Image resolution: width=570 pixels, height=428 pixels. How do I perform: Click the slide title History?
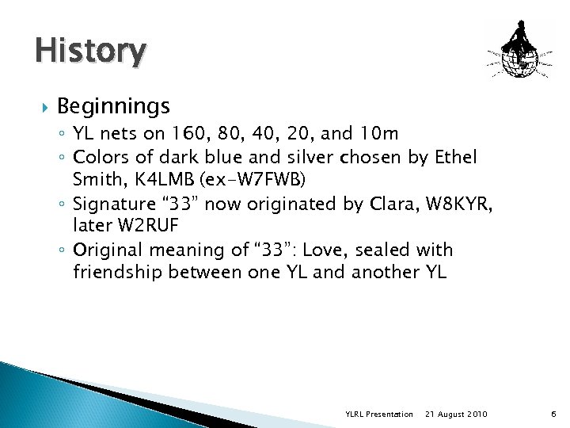click(90, 52)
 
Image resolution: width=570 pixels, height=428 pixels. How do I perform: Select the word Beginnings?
click(113, 105)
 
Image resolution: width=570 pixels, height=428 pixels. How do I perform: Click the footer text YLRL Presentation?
click(379, 415)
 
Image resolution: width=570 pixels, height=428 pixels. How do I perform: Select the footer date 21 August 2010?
click(456, 415)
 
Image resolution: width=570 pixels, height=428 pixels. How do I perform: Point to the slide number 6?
click(553, 415)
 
